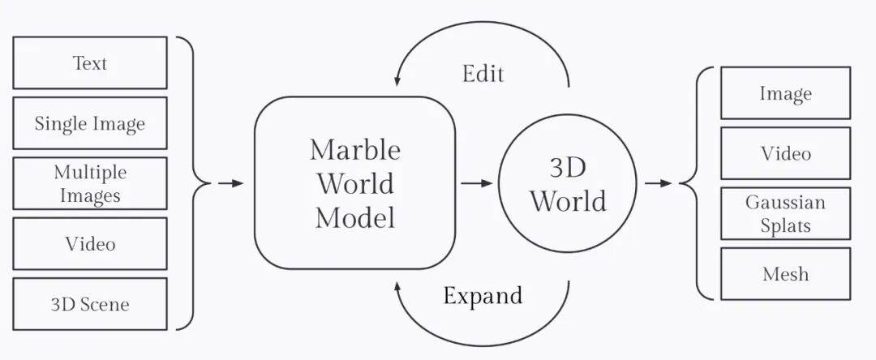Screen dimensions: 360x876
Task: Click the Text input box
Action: point(90,62)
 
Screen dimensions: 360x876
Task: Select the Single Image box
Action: point(90,123)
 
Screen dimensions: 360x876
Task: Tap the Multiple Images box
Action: point(90,183)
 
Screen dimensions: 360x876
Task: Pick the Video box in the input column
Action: point(90,243)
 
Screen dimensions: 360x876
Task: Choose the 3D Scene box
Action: point(90,304)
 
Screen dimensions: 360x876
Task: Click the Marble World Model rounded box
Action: point(354,182)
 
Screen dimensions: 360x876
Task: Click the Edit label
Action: point(483,74)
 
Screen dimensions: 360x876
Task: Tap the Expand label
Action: point(483,295)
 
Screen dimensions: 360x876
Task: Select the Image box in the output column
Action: point(785,93)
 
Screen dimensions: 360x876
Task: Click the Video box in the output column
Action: point(785,153)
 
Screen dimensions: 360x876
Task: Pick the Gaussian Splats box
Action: point(785,213)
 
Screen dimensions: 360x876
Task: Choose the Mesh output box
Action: point(785,273)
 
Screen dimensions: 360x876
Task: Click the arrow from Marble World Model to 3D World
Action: point(477,183)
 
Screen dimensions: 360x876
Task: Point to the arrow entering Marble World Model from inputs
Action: point(230,183)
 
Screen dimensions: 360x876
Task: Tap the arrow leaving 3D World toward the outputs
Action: point(659,183)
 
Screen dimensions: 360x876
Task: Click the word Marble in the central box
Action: point(354,150)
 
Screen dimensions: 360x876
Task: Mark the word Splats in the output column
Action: point(785,225)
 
